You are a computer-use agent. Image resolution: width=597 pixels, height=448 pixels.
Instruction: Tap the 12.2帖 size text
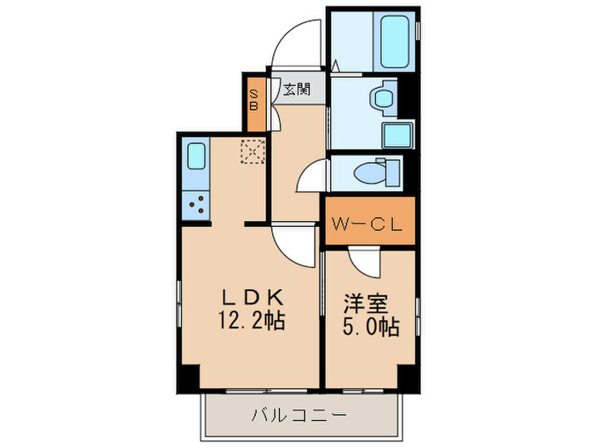(x=252, y=322)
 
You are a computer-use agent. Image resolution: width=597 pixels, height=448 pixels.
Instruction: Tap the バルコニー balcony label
(x=298, y=416)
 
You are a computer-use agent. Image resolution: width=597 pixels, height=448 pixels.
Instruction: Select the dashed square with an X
(x=253, y=152)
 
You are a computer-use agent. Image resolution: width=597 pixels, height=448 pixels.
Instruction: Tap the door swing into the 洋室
(x=362, y=265)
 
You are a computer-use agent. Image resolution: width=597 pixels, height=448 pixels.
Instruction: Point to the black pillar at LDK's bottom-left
(x=188, y=376)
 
